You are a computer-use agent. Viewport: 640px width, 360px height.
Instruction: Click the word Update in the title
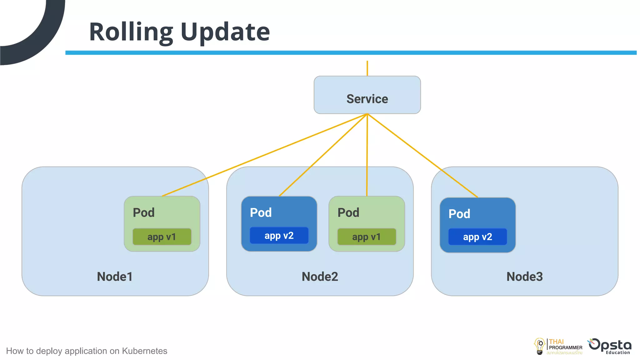[225, 32]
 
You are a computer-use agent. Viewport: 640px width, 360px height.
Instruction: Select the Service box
[367, 95]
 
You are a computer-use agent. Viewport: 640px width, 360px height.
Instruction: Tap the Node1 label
[115, 277]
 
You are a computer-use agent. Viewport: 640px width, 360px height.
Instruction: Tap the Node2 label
[320, 277]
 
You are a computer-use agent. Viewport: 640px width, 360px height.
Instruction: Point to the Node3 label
[524, 277]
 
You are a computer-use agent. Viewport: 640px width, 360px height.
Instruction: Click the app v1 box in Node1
[162, 237]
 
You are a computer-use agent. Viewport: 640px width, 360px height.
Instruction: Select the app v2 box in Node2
[279, 236]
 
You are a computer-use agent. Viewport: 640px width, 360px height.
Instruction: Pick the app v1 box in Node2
[367, 237]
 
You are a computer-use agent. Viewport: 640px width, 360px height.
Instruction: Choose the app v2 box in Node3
[477, 237]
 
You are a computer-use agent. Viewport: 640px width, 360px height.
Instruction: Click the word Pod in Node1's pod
[144, 213]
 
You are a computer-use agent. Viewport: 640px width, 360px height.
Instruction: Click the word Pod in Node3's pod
[459, 214]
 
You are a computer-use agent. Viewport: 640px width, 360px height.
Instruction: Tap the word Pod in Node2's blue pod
[261, 213]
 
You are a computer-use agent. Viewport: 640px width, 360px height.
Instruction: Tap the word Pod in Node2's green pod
[348, 213]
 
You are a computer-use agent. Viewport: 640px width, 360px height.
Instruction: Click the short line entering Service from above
[367, 68]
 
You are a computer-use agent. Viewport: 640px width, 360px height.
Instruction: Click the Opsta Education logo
[610, 346]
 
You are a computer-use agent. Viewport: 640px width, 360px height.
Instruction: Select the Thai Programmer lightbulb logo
[539, 346]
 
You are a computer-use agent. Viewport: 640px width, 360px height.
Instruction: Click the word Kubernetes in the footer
[144, 351]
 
